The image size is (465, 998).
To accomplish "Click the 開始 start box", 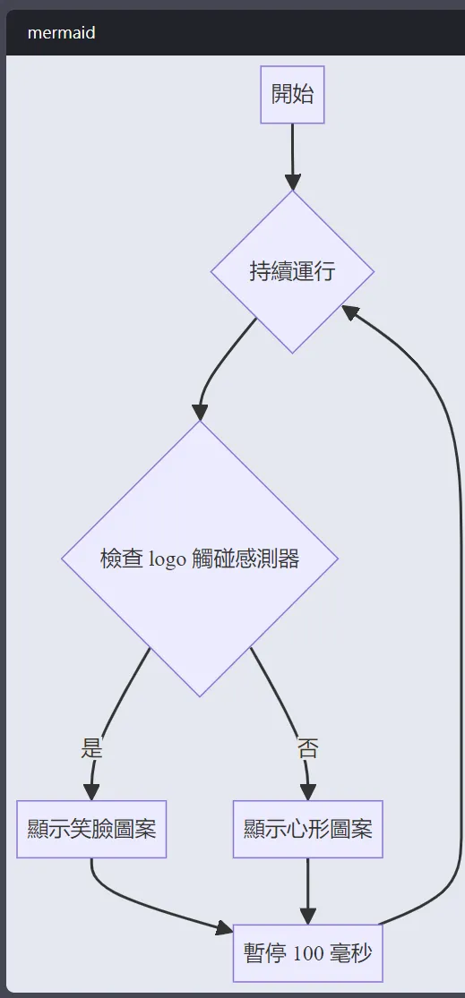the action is click(292, 94).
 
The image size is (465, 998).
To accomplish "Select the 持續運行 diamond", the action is click(292, 272).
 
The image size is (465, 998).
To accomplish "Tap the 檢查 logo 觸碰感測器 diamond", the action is click(200, 559).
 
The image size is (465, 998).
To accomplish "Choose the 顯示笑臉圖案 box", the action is click(91, 830).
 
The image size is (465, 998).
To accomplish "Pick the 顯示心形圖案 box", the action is click(307, 830).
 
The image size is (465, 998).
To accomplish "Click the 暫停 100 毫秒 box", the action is click(307, 953).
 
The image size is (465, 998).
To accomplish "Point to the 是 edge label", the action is click(91, 748).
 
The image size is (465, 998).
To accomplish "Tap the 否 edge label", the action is click(307, 748).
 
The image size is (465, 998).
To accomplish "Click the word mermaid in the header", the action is click(61, 32).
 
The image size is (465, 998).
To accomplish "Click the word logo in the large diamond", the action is click(168, 559).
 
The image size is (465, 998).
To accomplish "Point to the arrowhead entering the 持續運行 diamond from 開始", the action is click(292, 182).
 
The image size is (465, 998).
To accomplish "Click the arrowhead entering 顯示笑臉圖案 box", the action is click(91, 792).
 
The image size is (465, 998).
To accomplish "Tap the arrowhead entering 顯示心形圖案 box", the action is click(308, 792).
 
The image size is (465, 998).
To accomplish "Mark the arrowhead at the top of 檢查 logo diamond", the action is click(200, 412).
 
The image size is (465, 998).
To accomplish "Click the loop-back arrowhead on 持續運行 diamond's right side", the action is click(351, 311).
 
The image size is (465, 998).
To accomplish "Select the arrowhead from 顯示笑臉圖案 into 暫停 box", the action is click(225, 928).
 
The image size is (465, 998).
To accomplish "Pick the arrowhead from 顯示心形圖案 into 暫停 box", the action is click(307, 916).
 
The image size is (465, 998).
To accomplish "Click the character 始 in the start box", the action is click(303, 94).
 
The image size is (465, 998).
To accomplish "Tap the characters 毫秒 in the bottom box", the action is click(350, 953).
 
